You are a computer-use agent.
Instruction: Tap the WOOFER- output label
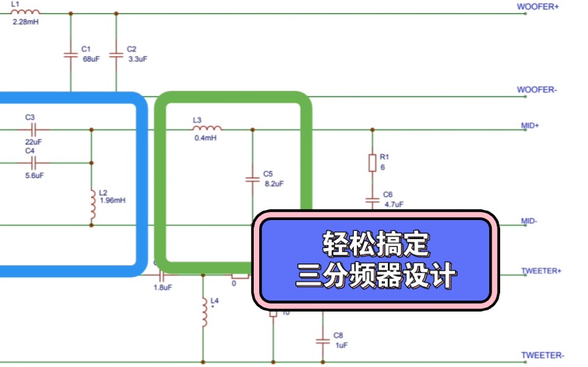(537, 90)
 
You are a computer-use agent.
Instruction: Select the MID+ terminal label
(530, 125)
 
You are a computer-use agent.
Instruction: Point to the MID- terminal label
(529, 221)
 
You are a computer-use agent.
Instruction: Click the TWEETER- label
(542, 355)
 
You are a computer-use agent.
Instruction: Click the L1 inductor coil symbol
(26, 12)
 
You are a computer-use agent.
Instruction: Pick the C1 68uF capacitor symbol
(70, 55)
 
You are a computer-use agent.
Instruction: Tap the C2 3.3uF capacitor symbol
(115, 55)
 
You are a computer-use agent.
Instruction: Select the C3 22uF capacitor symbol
(34, 129)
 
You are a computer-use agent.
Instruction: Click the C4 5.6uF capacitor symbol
(34, 162)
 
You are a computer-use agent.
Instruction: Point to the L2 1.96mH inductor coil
(92, 206)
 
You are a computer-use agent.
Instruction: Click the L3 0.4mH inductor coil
(207, 129)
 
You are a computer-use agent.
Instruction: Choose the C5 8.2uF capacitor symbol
(252, 179)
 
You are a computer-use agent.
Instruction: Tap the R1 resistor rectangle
(372, 162)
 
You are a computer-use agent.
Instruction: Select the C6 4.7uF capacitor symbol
(372, 199)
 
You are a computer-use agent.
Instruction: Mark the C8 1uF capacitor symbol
(321, 341)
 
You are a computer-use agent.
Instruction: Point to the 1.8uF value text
(163, 287)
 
